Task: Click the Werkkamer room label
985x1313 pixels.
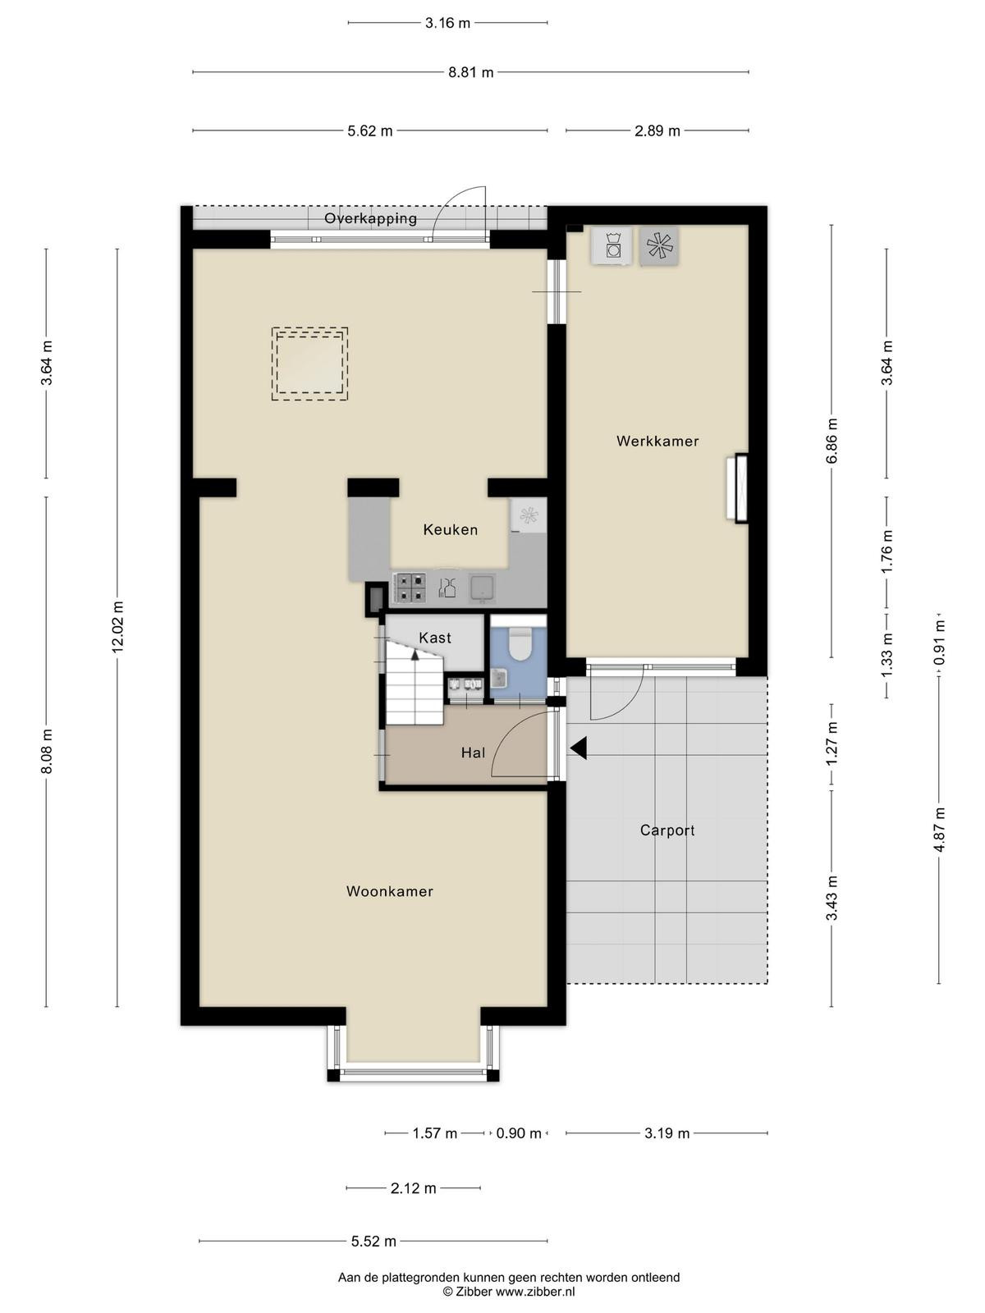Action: coord(657,441)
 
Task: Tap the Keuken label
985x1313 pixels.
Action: coord(451,529)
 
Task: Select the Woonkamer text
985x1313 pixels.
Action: coord(389,891)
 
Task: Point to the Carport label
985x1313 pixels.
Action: coord(667,830)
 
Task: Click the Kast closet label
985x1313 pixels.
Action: coord(435,638)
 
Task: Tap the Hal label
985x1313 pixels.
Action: coord(473,753)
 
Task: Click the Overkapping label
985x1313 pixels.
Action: coord(371,218)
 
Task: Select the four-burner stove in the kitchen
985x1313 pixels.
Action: coord(410,588)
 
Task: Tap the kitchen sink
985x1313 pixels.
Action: coord(482,588)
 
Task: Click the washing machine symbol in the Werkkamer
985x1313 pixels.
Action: coord(612,246)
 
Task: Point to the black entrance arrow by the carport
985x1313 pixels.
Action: coord(579,748)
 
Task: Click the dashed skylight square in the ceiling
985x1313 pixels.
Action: coord(309,364)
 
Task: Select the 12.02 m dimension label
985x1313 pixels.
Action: coord(117,626)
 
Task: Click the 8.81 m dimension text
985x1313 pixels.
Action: coord(471,72)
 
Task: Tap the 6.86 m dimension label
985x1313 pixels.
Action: coord(832,441)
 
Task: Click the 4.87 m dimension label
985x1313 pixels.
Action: coord(940,830)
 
